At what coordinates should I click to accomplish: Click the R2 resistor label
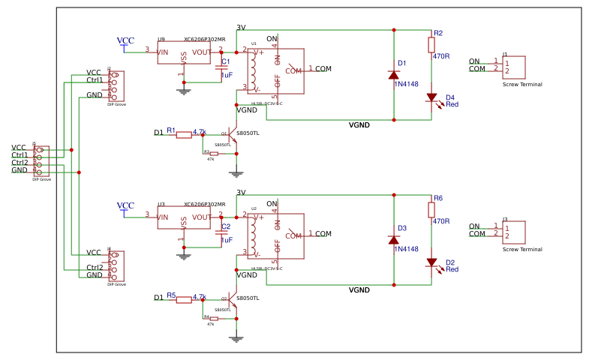tap(438, 33)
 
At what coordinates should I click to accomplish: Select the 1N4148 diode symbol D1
tap(393, 74)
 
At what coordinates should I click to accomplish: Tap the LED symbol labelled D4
tap(432, 97)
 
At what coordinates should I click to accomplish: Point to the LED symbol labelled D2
tap(432, 262)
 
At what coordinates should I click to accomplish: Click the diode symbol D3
tap(393, 239)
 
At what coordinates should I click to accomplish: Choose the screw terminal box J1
tap(514, 67)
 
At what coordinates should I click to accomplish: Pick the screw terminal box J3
tap(514, 232)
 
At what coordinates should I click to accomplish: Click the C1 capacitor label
tap(226, 61)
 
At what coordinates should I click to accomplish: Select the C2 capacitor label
tap(226, 226)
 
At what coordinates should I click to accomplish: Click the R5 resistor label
tap(171, 295)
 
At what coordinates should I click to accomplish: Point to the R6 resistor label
tap(438, 198)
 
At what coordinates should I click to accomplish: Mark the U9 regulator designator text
tap(161, 39)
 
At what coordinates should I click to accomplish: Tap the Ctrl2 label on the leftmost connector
tap(20, 163)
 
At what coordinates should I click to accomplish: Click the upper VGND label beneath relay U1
tap(359, 124)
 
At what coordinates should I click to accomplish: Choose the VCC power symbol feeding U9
tap(125, 41)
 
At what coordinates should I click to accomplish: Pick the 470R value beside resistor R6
tap(441, 221)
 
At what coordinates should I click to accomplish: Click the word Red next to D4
tap(452, 104)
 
